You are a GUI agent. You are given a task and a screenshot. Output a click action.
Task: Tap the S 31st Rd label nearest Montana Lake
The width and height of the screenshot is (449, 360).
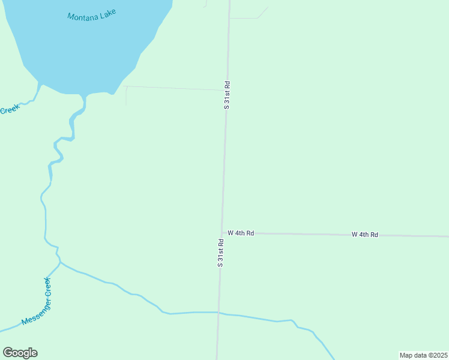[x=227, y=95]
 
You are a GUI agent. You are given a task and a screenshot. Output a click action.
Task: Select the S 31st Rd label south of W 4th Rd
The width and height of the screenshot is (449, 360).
[x=220, y=253]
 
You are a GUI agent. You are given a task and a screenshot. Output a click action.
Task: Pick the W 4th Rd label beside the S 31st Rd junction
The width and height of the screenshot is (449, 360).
[x=241, y=233]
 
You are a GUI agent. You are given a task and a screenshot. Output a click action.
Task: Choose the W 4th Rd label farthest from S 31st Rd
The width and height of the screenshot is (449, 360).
[x=365, y=235]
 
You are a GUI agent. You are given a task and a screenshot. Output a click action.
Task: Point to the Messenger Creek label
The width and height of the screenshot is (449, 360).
[x=36, y=302]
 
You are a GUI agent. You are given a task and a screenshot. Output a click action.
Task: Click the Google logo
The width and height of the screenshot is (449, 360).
[x=20, y=353]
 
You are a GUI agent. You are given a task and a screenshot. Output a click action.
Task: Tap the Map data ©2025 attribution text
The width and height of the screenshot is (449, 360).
[x=424, y=355]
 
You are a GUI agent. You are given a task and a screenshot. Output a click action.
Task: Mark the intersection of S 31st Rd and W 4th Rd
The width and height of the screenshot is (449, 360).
[x=223, y=233]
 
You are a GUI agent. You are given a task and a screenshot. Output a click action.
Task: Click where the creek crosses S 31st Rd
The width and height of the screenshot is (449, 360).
[x=218, y=313]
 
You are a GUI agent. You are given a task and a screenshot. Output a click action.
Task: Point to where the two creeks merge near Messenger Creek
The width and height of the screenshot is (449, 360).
[x=60, y=262]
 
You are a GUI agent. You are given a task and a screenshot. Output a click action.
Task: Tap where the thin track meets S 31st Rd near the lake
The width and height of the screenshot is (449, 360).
[x=226, y=90]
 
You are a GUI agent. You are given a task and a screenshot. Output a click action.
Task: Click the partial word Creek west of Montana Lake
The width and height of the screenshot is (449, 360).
[x=10, y=110]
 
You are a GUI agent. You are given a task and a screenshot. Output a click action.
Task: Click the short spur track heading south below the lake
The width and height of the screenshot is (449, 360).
[x=126, y=96]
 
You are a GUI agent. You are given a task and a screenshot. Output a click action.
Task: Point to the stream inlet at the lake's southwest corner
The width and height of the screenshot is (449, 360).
[x=40, y=85]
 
